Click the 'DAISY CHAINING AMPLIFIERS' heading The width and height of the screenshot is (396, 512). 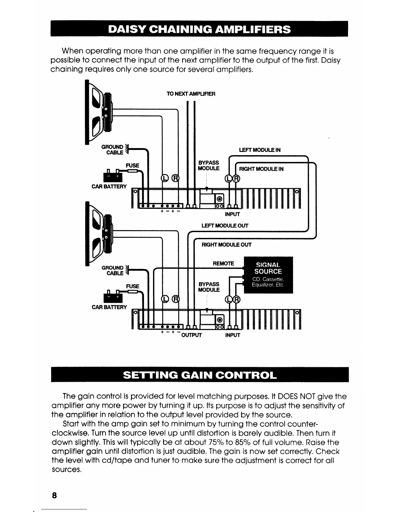point(199,29)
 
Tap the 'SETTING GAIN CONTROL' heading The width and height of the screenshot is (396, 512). point(200,375)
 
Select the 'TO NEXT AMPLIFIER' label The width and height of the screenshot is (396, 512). point(191,94)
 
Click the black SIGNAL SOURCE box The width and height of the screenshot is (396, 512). point(268,275)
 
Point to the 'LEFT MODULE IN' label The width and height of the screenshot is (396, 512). point(259,150)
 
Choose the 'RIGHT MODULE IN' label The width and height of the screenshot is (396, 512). point(261,169)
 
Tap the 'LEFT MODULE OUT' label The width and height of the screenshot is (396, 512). point(225,226)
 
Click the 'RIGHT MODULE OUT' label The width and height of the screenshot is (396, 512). point(226,245)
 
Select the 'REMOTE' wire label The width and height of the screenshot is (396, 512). point(223,263)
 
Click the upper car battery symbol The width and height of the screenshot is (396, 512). point(112,176)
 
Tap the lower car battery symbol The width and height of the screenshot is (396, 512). point(112,297)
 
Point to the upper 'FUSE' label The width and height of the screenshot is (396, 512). point(133,165)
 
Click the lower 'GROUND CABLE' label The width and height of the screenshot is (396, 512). point(113,271)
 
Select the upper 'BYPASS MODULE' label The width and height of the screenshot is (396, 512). point(208,165)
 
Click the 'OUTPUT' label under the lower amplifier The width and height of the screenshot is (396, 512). point(192,335)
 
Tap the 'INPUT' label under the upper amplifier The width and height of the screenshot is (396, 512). point(232,214)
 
